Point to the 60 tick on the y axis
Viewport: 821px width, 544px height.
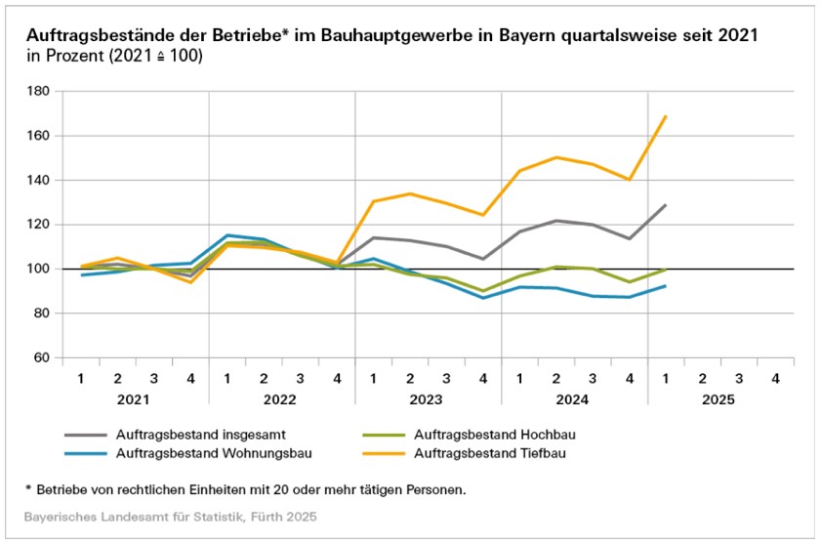(x=41, y=357)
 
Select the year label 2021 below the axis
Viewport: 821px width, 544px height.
(x=135, y=399)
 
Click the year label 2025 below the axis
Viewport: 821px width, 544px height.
(x=720, y=399)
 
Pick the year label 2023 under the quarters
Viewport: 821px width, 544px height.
(x=428, y=399)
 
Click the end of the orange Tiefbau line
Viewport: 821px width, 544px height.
(x=666, y=116)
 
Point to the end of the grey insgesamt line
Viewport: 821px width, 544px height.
(x=666, y=205)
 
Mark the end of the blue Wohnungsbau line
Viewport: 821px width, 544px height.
(x=666, y=286)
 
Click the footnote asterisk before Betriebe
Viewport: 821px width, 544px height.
(x=29, y=487)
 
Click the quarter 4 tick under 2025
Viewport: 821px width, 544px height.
(x=775, y=377)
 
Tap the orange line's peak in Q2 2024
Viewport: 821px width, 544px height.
(x=556, y=157)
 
